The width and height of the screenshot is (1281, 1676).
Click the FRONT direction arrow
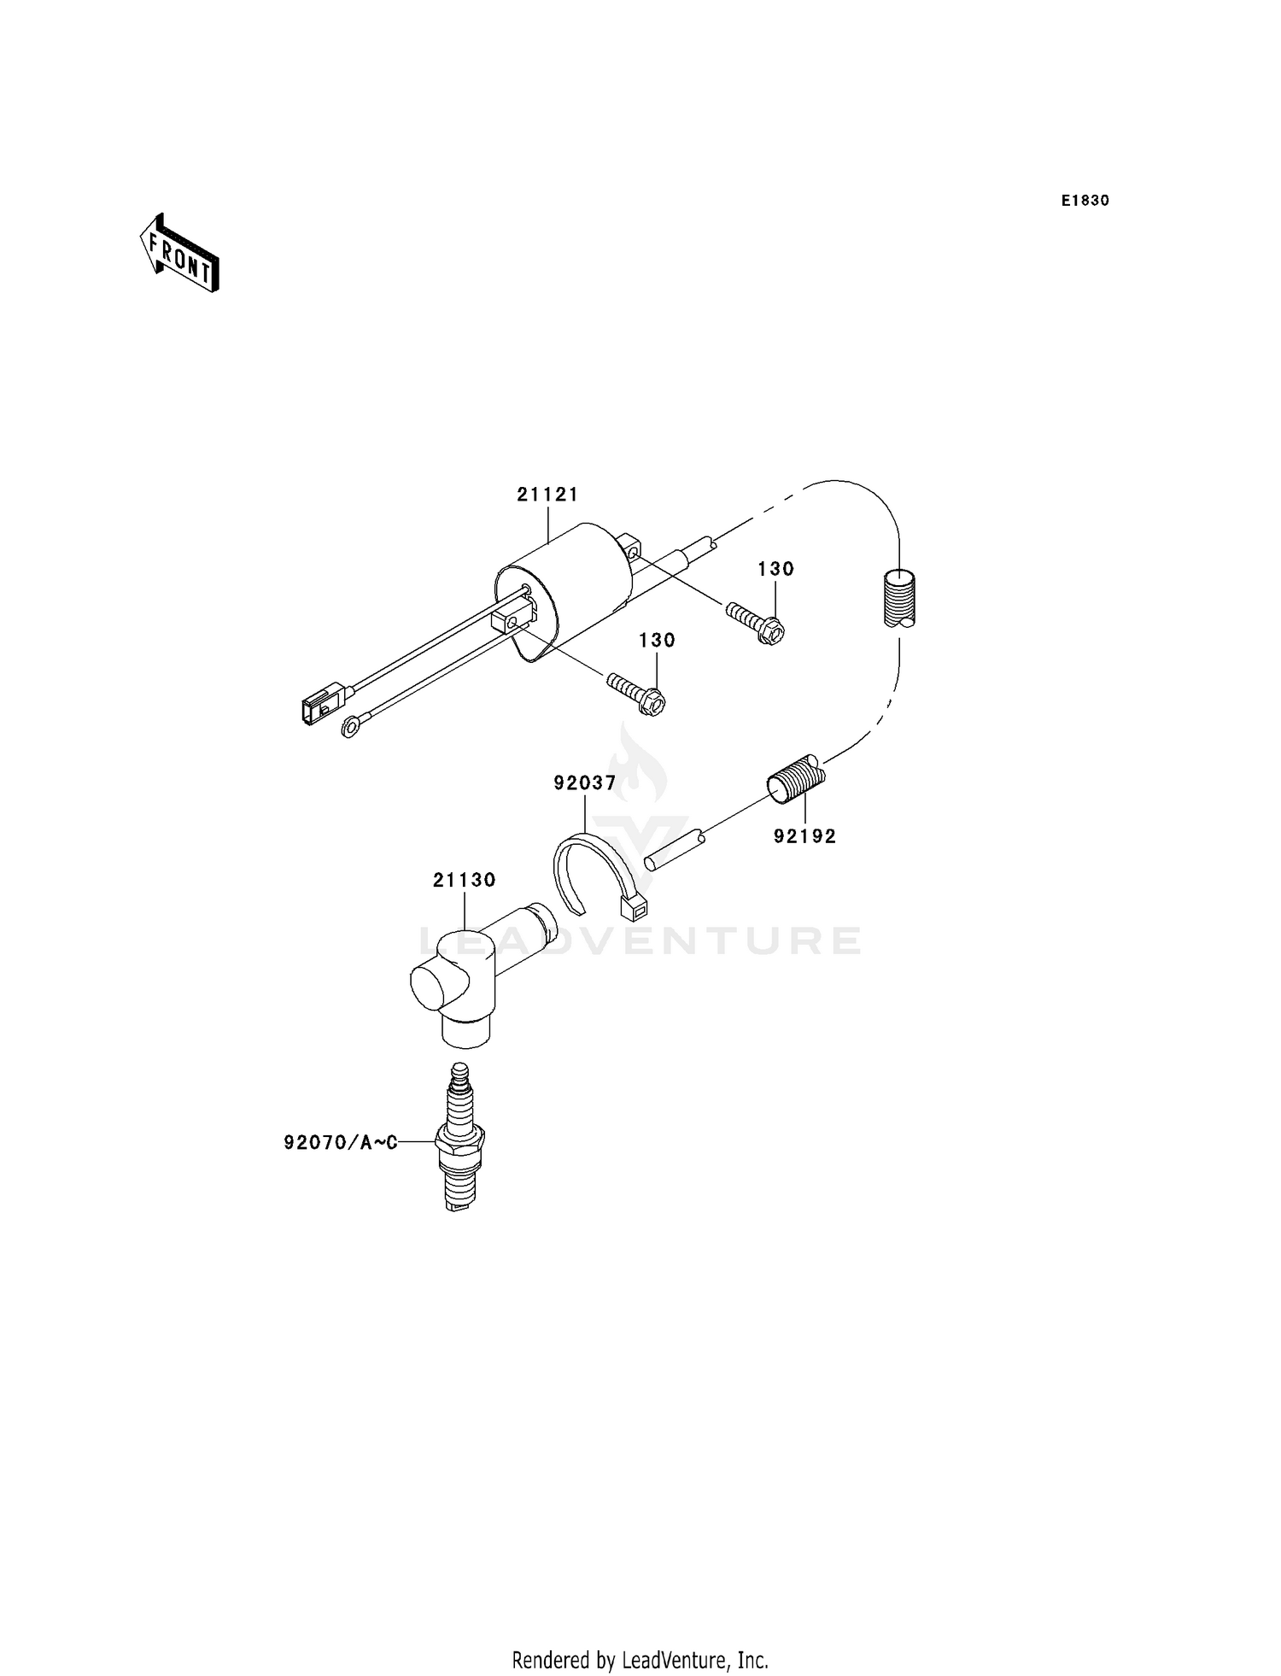tap(179, 254)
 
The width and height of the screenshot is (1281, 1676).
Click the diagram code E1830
tap(1085, 201)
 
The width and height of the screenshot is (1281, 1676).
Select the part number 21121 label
tap(547, 495)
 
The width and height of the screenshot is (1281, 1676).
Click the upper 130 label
tap(775, 569)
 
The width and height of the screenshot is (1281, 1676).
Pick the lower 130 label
tap(656, 641)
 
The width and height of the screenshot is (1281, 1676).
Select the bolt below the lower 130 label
tap(637, 694)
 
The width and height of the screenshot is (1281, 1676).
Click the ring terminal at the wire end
tap(349, 728)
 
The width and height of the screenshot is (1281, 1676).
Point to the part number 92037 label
tap(584, 782)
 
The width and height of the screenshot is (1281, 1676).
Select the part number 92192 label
tap(804, 836)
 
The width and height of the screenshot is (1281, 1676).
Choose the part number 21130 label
tap(464, 880)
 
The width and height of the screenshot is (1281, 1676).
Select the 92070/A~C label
tap(341, 1142)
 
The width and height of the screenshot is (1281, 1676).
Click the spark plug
tap(460, 1136)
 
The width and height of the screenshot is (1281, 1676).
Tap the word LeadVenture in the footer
tap(678, 1660)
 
